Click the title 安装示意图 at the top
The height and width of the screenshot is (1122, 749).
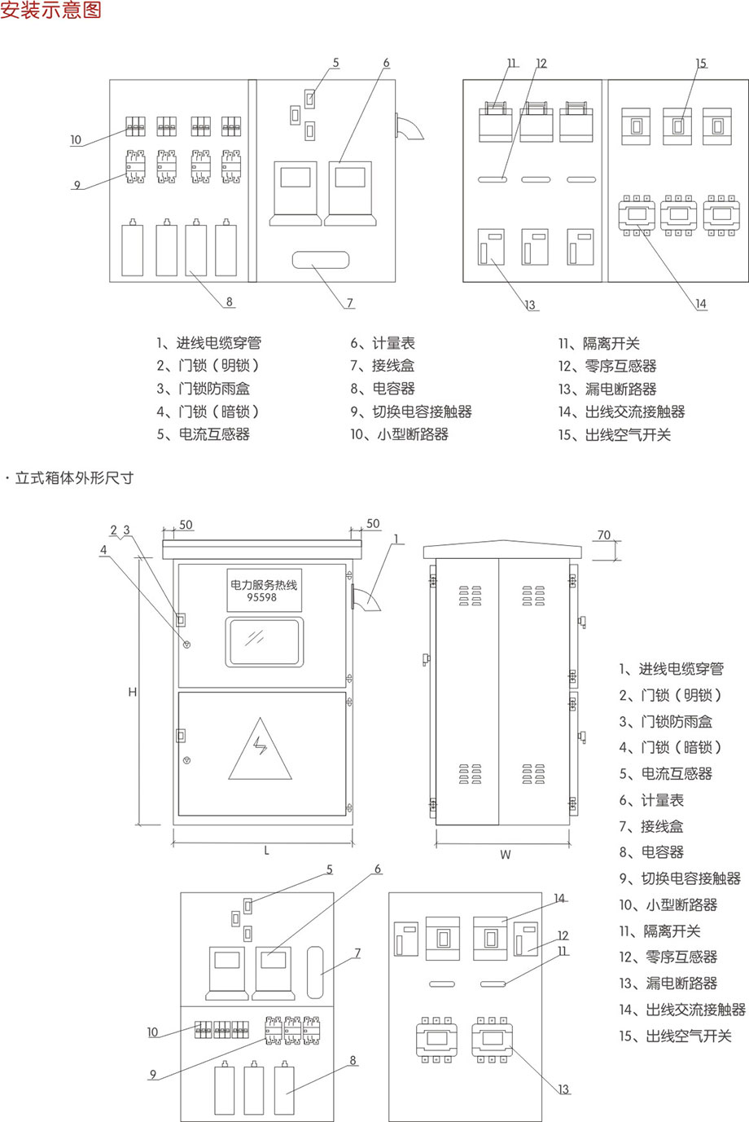pos(51,11)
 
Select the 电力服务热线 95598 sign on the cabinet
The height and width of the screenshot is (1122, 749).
pos(264,590)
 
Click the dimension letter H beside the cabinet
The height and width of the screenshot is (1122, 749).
pos(132,693)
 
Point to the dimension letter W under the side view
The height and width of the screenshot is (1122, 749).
pos(506,855)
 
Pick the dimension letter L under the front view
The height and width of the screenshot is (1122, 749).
pos(266,851)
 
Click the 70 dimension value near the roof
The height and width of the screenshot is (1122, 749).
pos(603,535)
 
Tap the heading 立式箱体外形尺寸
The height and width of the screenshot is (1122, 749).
pos(73,478)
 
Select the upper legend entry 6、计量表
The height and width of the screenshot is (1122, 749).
pos(383,344)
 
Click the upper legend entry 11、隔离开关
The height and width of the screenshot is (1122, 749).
pos(599,344)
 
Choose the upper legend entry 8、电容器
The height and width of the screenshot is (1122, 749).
pos(383,389)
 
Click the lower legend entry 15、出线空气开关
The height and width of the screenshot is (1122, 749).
pos(675,1036)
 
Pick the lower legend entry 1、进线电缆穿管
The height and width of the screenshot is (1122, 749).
pos(671,669)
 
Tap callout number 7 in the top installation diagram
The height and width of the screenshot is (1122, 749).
pos(350,303)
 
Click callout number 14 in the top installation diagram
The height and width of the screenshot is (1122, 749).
pos(701,304)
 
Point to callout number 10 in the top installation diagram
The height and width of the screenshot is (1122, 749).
pos(76,140)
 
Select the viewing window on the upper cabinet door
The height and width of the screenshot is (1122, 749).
pos(264,642)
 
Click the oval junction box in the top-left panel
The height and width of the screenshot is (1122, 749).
pos(320,260)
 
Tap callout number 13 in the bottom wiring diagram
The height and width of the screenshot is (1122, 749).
pos(564,1089)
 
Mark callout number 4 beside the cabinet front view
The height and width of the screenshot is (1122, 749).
pos(103,550)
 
